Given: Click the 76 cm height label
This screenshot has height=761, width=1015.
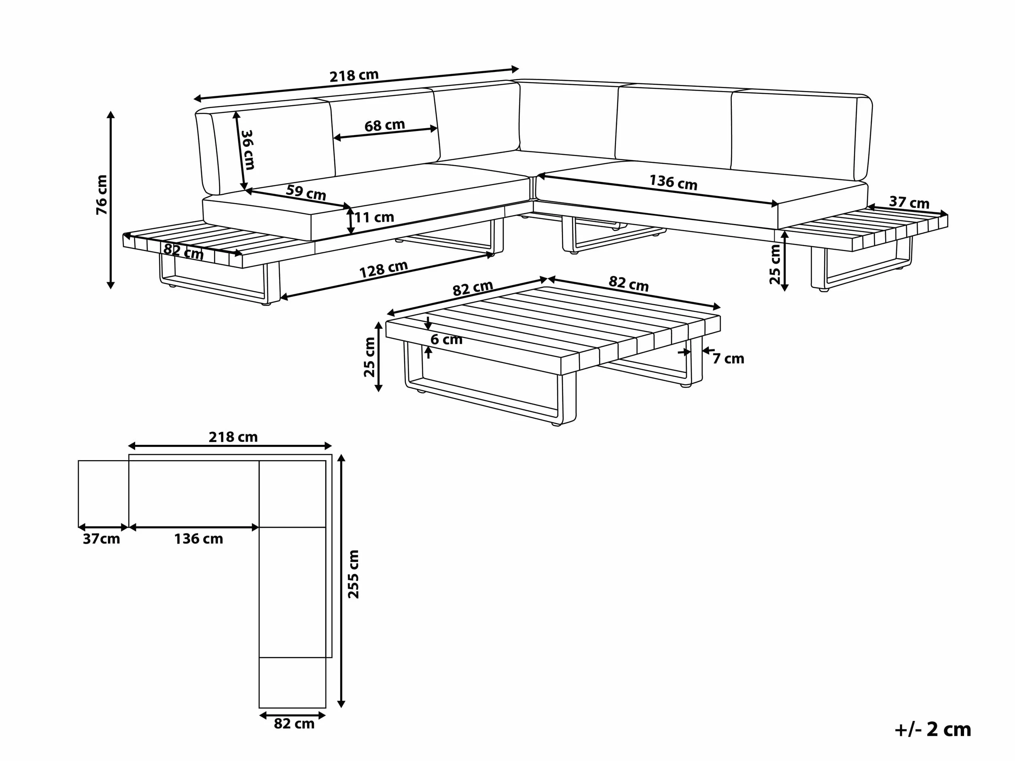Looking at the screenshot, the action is coord(102,194).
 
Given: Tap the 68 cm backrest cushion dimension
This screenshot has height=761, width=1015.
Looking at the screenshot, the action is coord(385,125).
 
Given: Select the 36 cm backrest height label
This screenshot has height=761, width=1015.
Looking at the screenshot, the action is coord(248,150).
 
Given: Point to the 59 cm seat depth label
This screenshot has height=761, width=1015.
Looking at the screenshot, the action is coord(306,192).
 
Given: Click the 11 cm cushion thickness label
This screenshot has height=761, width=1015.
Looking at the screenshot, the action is coord(374,217).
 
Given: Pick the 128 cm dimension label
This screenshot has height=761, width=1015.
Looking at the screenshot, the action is coord(384,269).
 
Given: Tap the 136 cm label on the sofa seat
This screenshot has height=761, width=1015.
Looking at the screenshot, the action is coord(673,182).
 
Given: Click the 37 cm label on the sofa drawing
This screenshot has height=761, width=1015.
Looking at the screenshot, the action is coord(909,202).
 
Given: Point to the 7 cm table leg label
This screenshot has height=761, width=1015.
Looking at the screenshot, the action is coord(728,358).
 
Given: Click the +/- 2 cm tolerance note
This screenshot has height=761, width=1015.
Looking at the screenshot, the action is coord(933,729).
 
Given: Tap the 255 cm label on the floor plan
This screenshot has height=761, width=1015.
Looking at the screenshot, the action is coord(353,574).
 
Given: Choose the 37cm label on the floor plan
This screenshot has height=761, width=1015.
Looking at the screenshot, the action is coord(102,539).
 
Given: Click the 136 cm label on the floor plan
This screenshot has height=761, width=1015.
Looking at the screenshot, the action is coord(198,539).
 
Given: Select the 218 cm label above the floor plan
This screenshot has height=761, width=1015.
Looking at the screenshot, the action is coord(233,437).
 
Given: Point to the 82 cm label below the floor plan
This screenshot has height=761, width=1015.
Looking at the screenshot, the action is coord(294,723).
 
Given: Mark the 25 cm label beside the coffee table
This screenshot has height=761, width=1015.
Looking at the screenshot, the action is coord(369,357).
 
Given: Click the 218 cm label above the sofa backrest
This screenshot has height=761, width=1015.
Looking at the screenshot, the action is coord(354,76).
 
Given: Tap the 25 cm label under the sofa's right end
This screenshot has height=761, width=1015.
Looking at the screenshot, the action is coord(775,264).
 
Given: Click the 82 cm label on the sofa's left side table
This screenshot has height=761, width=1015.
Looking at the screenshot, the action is coord(184,251).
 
